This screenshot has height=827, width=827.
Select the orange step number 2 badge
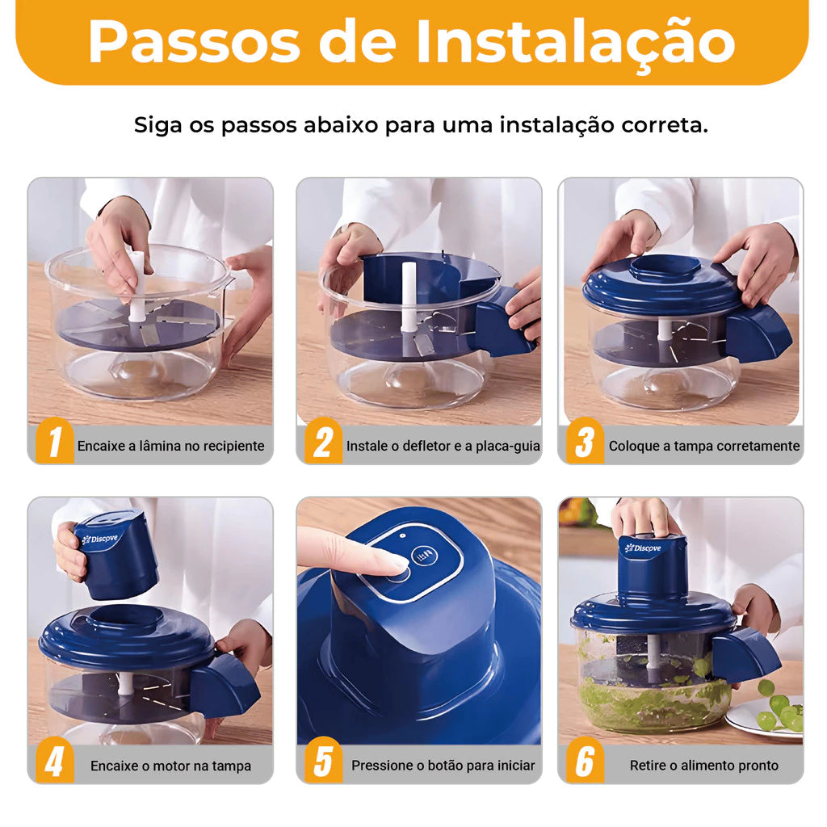(x=323, y=443)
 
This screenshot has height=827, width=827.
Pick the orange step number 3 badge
(x=585, y=443)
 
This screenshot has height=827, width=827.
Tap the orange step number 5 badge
(x=323, y=763)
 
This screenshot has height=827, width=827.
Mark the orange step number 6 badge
(x=585, y=763)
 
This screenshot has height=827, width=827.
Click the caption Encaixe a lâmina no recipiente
(x=170, y=446)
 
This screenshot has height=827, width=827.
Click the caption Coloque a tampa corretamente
(x=703, y=446)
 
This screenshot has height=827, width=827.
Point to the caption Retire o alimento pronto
(x=703, y=765)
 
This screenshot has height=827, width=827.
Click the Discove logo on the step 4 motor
(x=99, y=539)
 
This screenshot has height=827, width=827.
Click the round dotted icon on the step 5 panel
(x=422, y=556)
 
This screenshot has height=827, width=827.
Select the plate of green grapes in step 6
(x=767, y=715)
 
